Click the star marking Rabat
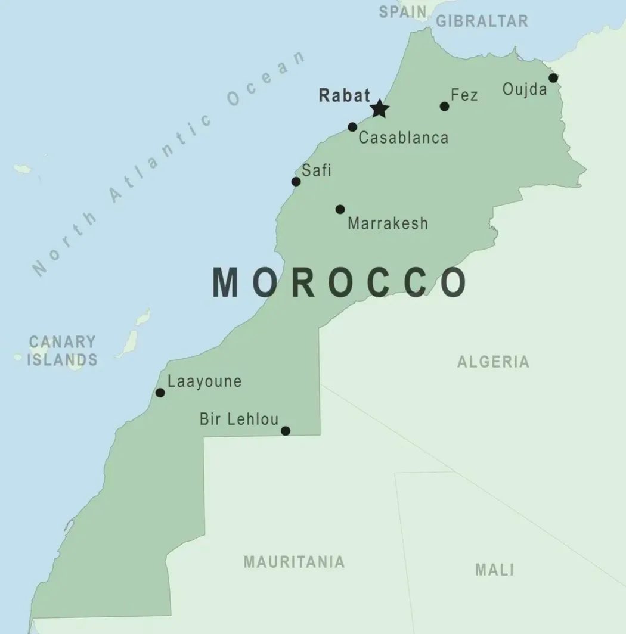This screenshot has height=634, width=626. pyautogui.click(x=379, y=109)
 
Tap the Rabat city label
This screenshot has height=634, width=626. pyautogui.click(x=344, y=95)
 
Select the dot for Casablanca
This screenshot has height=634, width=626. pyautogui.click(x=352, y=127)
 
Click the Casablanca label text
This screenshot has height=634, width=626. pyautogui.click(x=403, y=138)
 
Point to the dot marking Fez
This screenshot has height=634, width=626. pyautogui.click(x=444, y=107)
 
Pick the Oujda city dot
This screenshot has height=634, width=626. pyautogui.click(x=553, y=78)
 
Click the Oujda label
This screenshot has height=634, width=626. pyautogui.click(x=524, y=89)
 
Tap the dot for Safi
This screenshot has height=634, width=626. pyautogui.click(x=296, y=182)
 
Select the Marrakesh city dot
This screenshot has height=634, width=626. pyautogui.click(x=340, y=209)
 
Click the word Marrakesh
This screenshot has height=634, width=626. pyautogui.click(x=388, y=223)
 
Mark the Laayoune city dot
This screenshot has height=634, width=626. pyautogui.click(x=160, y=393)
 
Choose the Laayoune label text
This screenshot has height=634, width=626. pyautogui.click(x=204, y=381)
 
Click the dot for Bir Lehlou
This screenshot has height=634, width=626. pyautogui.click(x=286, y=431)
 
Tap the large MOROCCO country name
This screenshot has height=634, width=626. pyautogui.click(x=339, y=283)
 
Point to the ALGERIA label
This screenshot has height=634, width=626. pyautogui.click(x=493, y=362)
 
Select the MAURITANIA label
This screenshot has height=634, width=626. pyautogui.click(x=294, y=562)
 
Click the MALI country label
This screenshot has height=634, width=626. pyautogui.click(x=494, y=569)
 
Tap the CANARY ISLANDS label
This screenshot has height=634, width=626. pyautogui.click(x=62, y=351)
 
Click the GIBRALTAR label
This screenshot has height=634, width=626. pyautogui.click(x=482, y=21)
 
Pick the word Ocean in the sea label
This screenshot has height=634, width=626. pyautogui.click(x=266, y=80)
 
